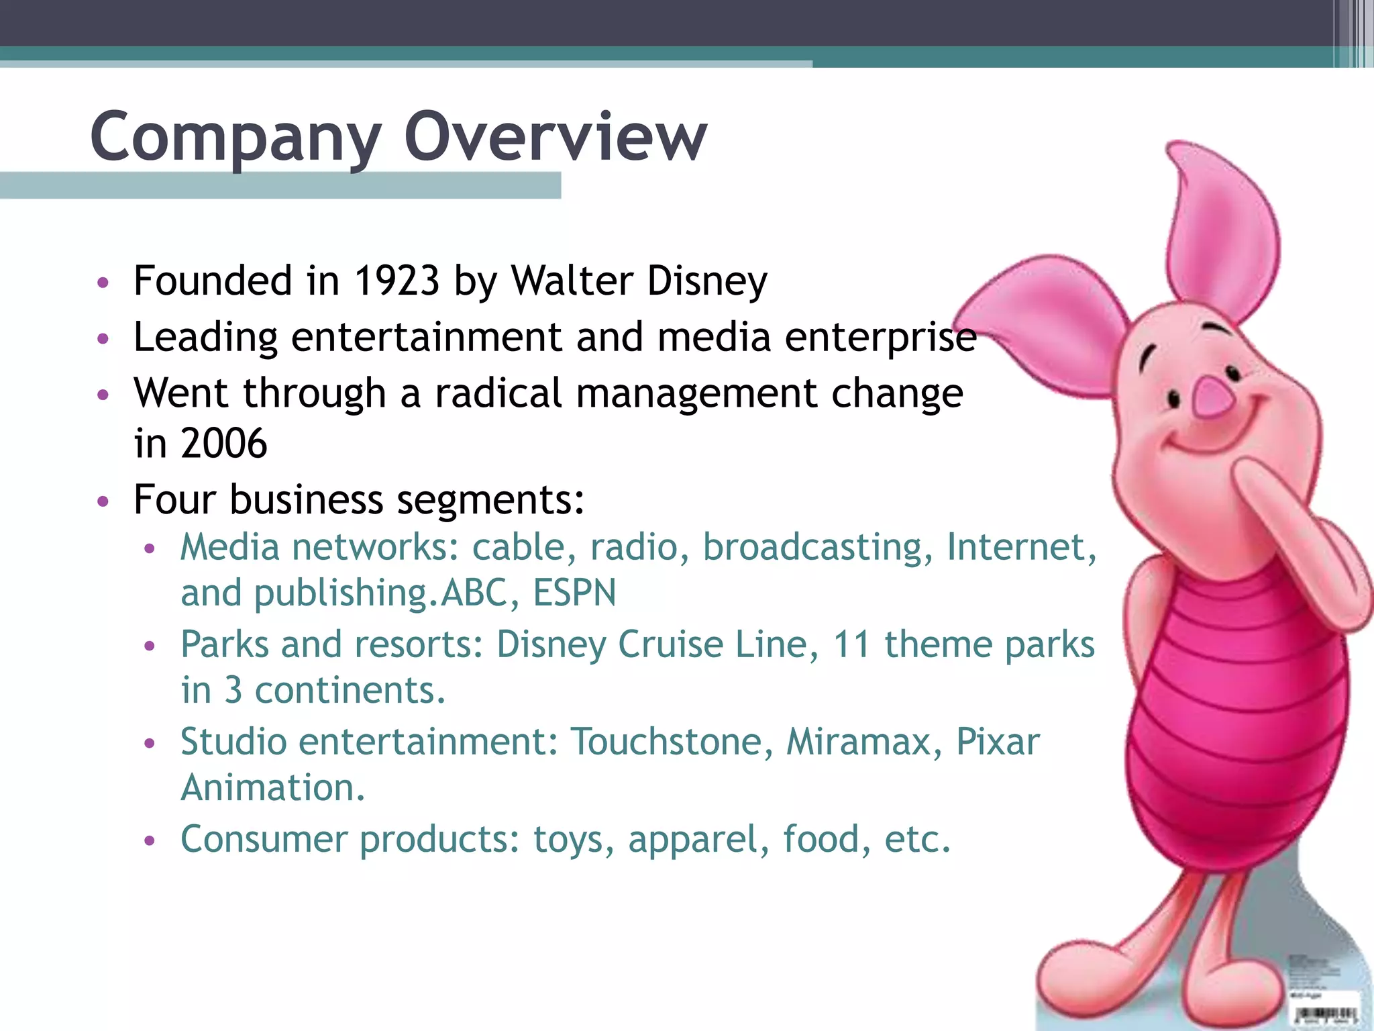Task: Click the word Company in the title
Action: [x=235, y=138]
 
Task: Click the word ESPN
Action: [x=574, y=593]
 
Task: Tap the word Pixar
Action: [x=998, y=742]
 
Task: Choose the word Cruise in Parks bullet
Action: [x=670, y=644]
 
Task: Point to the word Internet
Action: [x=1021, y=547]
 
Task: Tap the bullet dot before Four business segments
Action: [x=103, y=501]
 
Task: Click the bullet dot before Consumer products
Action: [x=150, y=840]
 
